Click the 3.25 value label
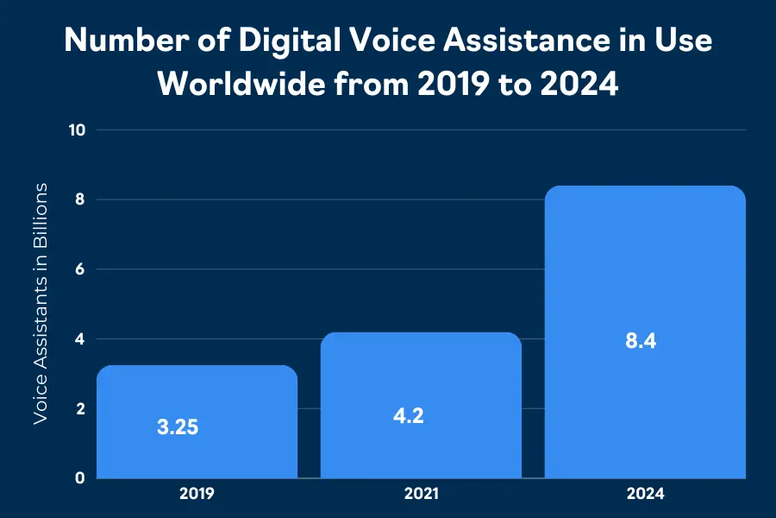pyautogui.click(x=178, y=426)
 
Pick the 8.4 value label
pyautogui.click(x=641, y=340)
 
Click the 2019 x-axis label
pyautogui.click(x=197, y=495)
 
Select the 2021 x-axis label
pyautogui.click(x=421, y=495)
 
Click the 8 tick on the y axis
pyautogui.click(x=80, y=199)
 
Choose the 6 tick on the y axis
pyautogui.click(x=80, y=269)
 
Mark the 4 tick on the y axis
pyautogui.click(x=80, y=339)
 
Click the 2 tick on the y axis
pyautogui.click(x=80, y=408)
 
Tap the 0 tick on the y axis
pyautogui.click(x=80, y=477)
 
